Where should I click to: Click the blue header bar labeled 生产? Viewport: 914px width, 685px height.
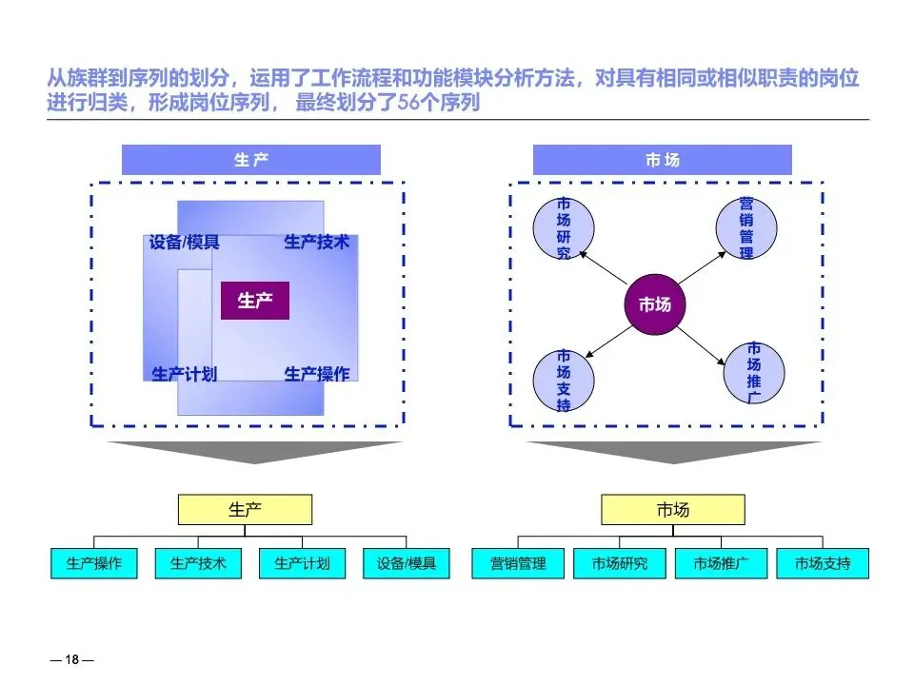click(x=251, y=160)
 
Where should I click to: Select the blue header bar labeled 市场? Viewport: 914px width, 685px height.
click(x=663, y=160)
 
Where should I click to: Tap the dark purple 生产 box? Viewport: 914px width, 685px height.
click(x=255, y=301)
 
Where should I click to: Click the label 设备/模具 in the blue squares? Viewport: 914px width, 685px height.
click(x=184, y=243)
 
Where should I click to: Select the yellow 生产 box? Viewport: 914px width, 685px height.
click(x=245, y=510)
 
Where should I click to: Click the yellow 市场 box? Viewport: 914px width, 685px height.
click(x=672, y=510)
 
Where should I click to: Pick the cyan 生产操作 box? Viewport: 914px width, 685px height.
click(x=94, y=563)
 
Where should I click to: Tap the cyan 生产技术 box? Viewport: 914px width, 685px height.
click(x=198, y=563)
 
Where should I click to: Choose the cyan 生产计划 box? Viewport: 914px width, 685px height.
click(x=302, y=563)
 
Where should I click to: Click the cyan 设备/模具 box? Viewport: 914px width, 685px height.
click(x=406, y=563)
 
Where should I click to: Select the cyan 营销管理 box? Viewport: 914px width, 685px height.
click(x=518, y=563)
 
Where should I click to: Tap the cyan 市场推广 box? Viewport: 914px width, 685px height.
click(x=721, y=563)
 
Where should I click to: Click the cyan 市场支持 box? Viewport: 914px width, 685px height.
click(x=823, y=563)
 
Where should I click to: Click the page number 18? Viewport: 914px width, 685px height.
click(x=71, y=660)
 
